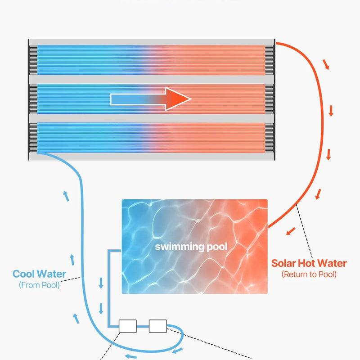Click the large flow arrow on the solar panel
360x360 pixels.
coord(151,99)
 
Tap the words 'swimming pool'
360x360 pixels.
coord(191,247)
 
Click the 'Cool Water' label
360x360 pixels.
coord(39,274)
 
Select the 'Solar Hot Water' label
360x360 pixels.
coord(309,263)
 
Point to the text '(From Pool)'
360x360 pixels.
coord(39,285)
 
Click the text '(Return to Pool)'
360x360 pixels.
coord(309,274)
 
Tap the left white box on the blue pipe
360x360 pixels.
coord(127,326)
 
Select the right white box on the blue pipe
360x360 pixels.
coord(157,326)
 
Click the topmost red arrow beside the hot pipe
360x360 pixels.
coord(326,64)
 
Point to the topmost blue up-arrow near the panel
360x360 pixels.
coord(66,196)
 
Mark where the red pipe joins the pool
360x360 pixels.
coord(269,226)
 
